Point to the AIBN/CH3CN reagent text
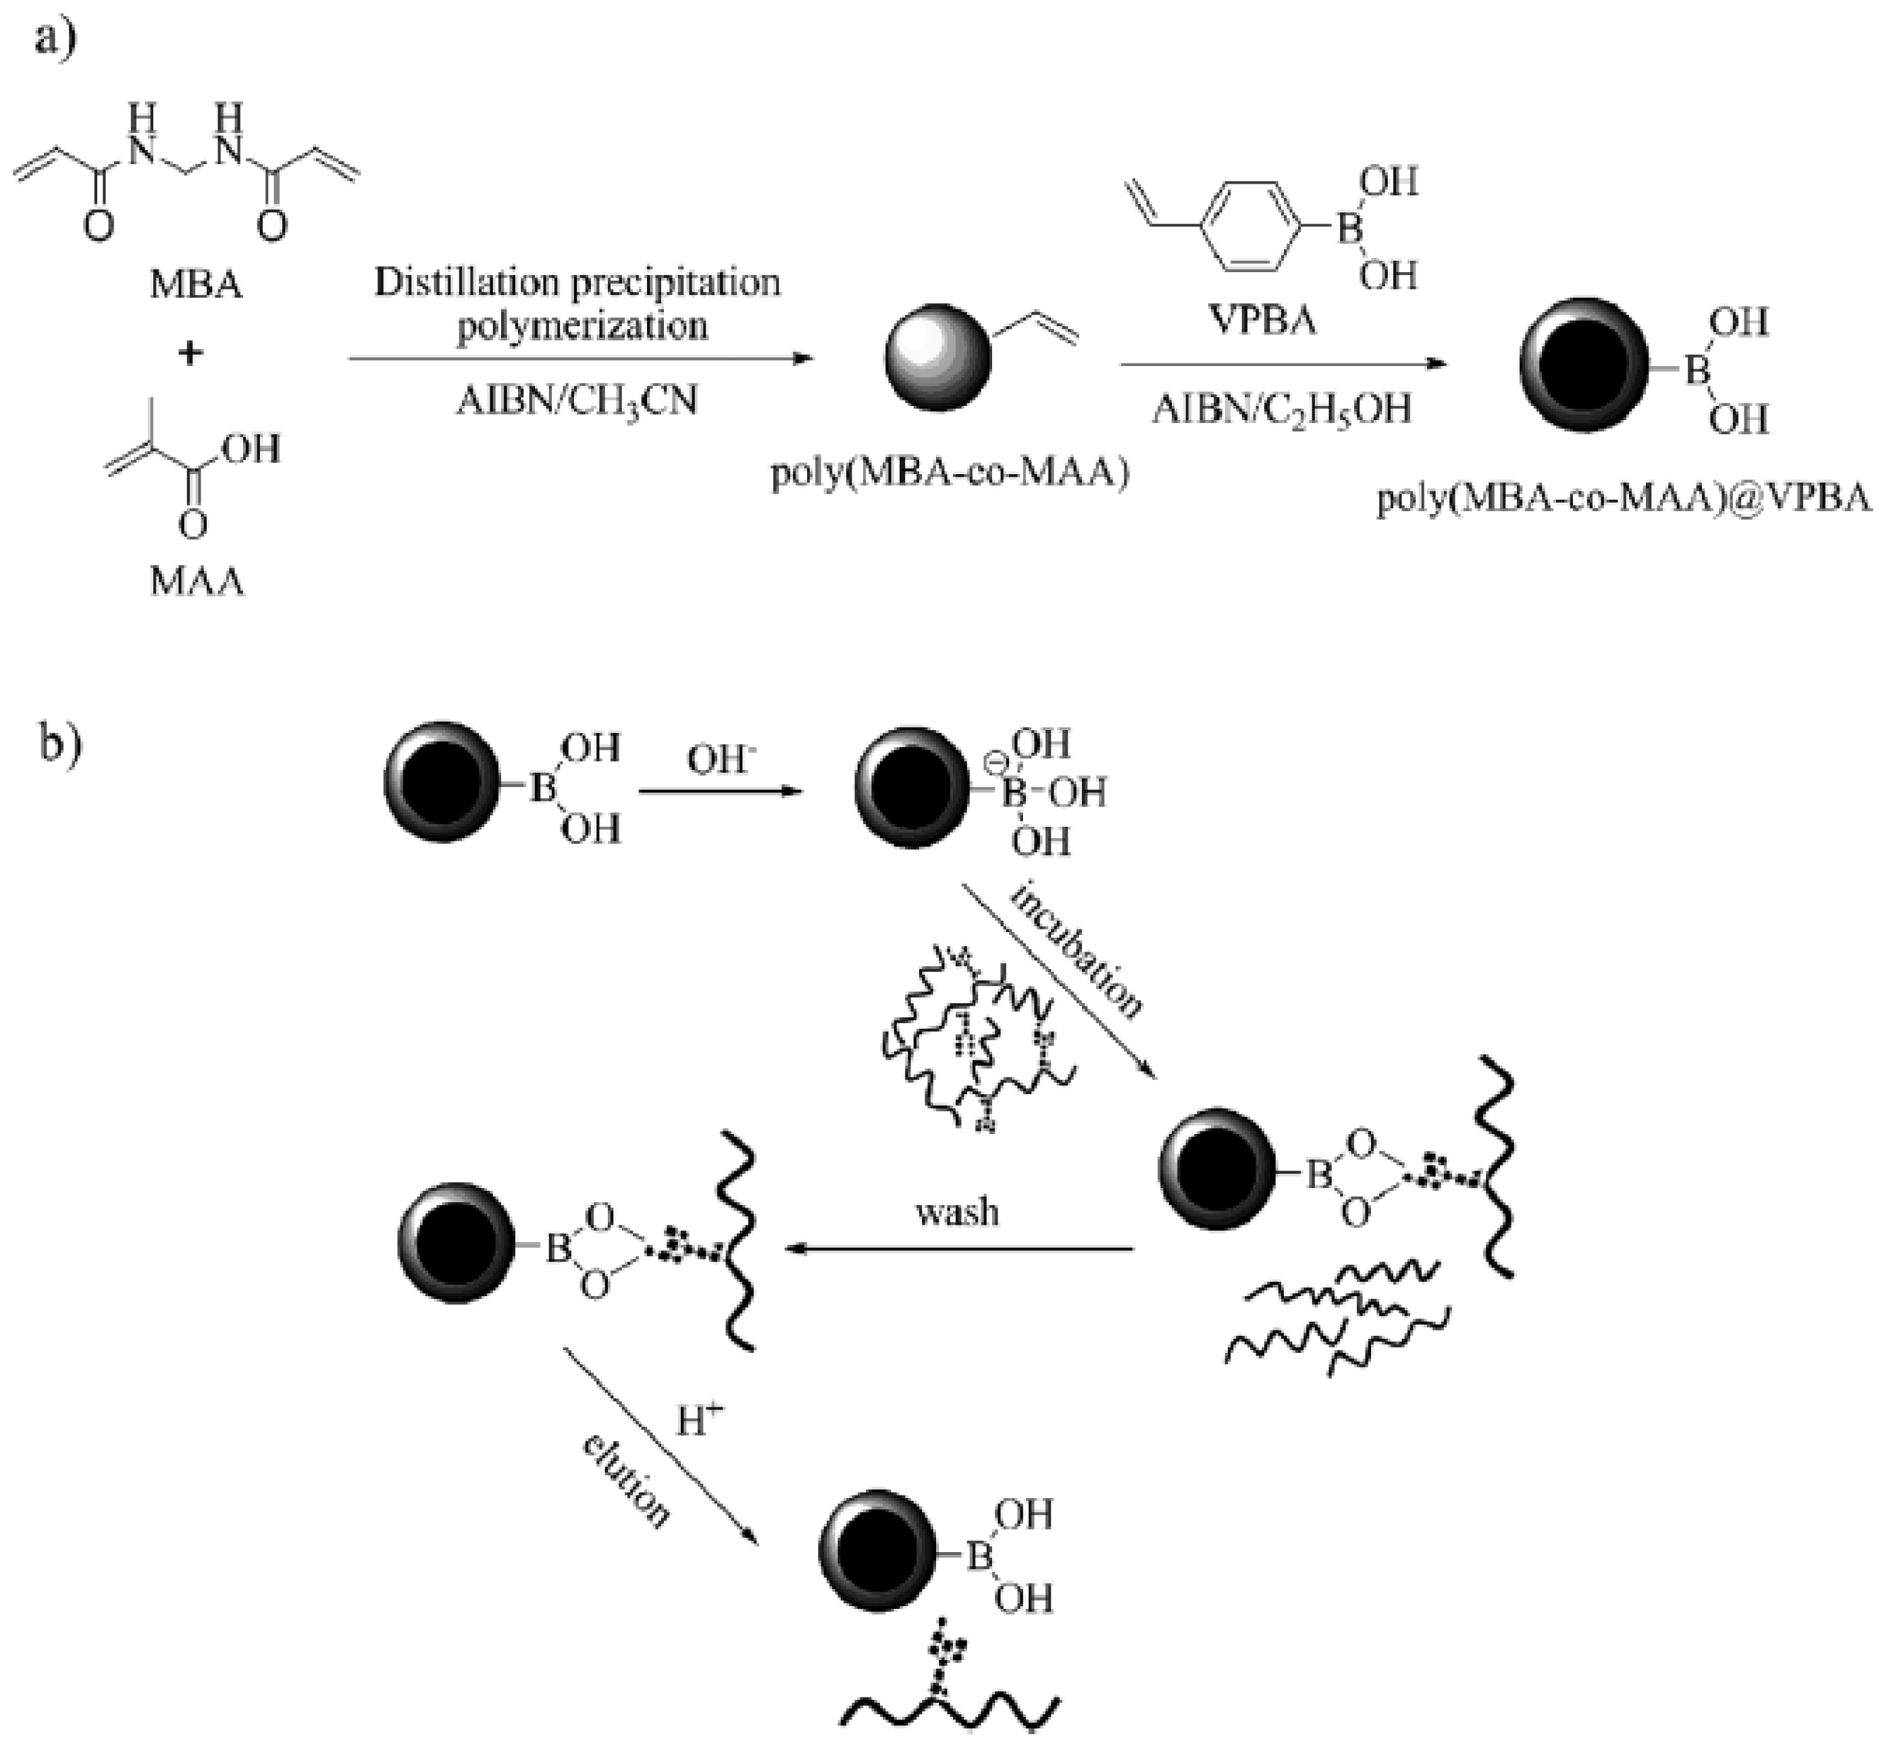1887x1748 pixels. (x=577, y=401)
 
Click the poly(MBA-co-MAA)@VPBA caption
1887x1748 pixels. (x=1623, y=498)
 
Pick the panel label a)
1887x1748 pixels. (x=55, y=40)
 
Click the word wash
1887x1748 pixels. (x=956, y=1212)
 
